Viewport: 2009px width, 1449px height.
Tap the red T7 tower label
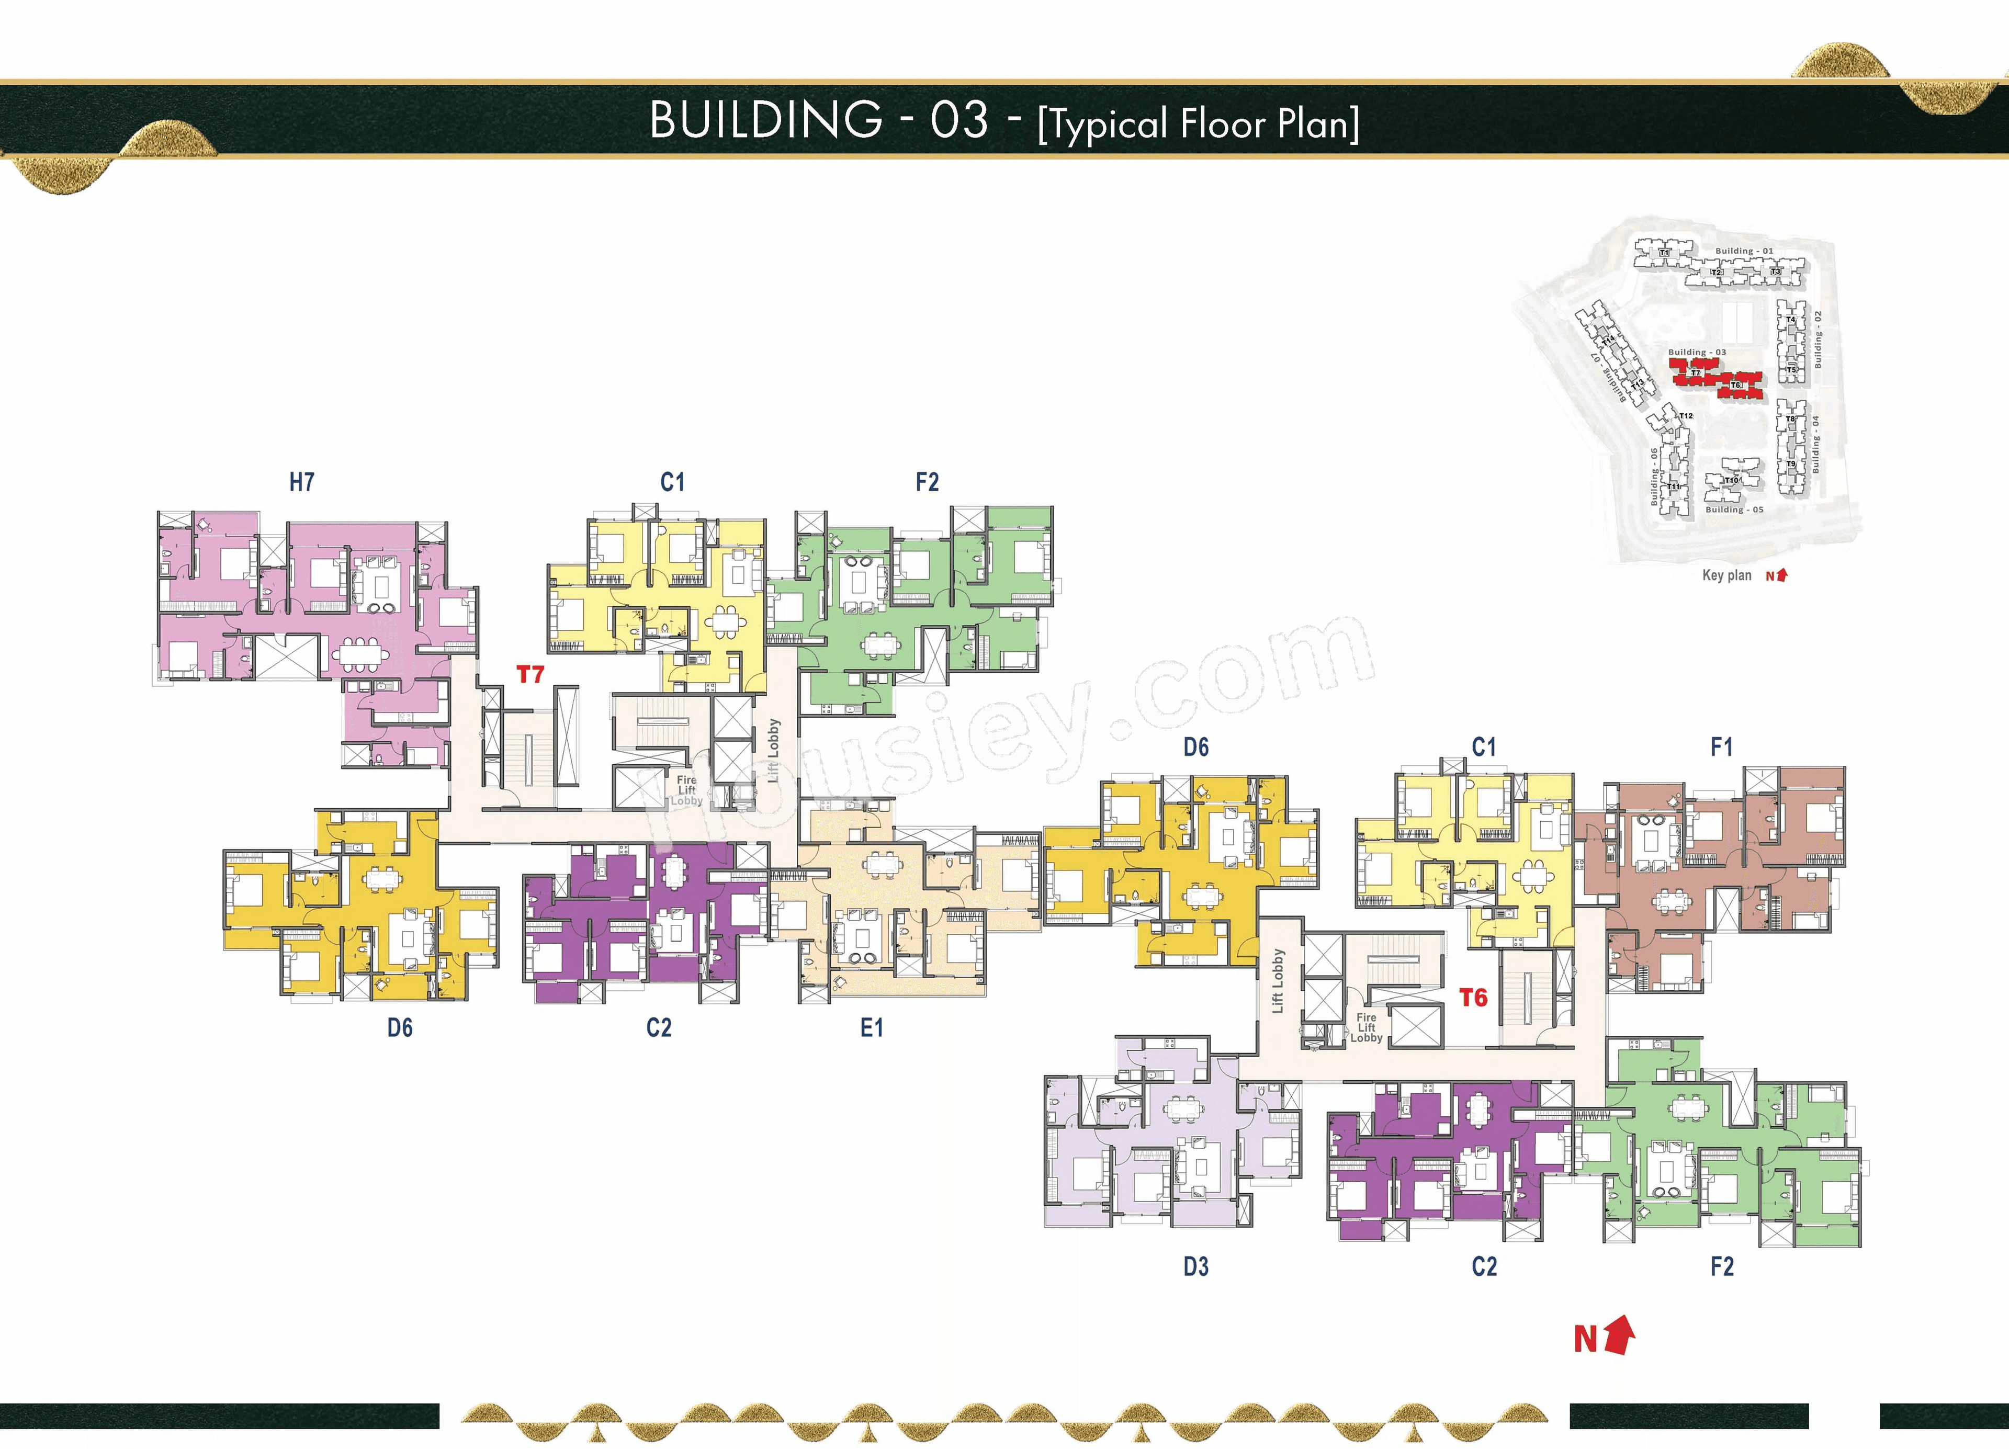(x=529, y=675)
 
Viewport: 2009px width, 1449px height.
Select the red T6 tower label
(x=1473, y=998)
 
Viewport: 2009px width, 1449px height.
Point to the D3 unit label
(x=1196, y=1266)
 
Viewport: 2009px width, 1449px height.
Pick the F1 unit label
(x=1721, y=748)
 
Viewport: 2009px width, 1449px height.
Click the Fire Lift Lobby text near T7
(x=686, y=790)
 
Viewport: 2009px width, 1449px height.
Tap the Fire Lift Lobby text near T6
(x=1366, y=1027)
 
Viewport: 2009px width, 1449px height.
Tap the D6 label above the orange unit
(x=1196, y=748)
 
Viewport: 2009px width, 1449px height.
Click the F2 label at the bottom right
(x=1721, y=1266)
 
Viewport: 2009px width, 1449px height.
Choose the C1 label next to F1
(x=1484, y=748)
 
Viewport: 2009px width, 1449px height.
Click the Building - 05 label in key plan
(x=1733, y=510)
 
